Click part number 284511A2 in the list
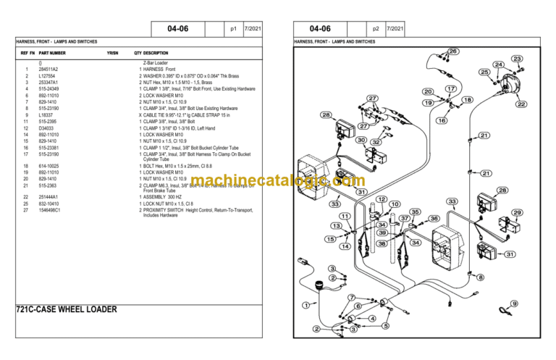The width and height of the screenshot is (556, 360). (x=49, y=69)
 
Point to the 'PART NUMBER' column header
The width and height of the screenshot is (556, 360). (x=52, y=53)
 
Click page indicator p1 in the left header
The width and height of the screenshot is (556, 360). (x=233, y=29)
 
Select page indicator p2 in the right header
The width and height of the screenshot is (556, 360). (x=375, y=29)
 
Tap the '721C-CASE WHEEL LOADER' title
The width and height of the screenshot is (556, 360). (x=66, y=309)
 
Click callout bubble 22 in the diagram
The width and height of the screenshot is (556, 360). (x=521, y=104)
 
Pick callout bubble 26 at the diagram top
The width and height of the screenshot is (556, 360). (x=452, y=51)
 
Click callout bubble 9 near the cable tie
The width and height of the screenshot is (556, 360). (x=513, y=304)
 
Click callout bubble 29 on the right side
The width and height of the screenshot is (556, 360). (x=517, y=212)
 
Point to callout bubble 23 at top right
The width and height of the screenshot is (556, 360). (x=517, y=59)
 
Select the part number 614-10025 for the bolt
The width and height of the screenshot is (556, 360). (x=49, y=165)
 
